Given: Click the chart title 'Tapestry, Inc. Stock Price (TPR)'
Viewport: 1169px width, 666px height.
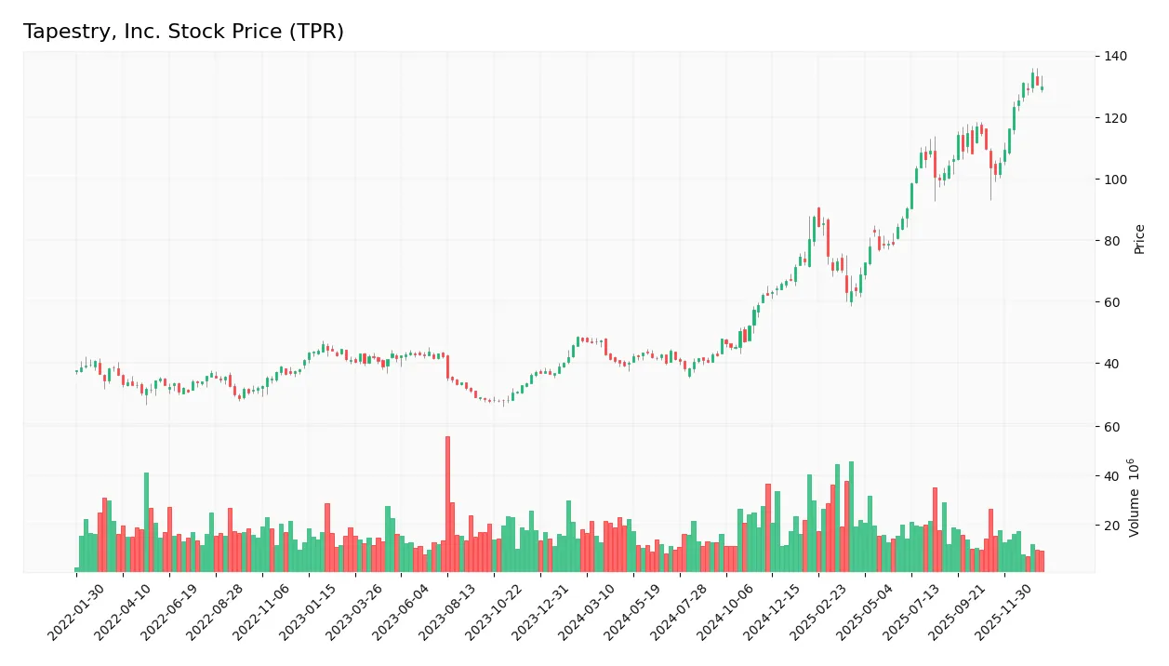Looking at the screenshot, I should pyautogui.click(x=183, y=32).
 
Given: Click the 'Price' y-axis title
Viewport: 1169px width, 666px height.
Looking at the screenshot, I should pyautogui.click(x=1139, y=239).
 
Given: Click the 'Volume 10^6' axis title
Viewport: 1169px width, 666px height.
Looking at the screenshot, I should pyautogui.click(x=1135, y=498).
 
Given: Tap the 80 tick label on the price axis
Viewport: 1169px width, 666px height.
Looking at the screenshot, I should pyautogui.click(x=1112, y=241).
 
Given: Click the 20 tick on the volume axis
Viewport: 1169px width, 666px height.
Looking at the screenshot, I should pyautogui.click(x=1112, y=526).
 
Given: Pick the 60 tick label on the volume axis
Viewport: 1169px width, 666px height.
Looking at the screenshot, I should pyautogui.click(x=1112, y=427).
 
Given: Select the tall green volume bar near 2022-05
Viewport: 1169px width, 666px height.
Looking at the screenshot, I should pyautogui.click(x=146, y=522).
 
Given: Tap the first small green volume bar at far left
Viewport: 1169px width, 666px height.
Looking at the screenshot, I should pyautogui.click(x=77, y=569).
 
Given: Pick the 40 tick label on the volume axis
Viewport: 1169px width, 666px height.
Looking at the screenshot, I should pyautogui.click(x=1112, y=476).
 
